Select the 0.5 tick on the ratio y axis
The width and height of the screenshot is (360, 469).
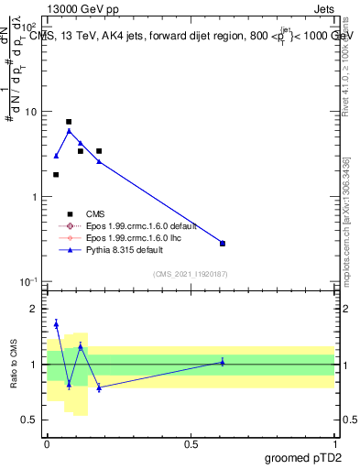point(34,420)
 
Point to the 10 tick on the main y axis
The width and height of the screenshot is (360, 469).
point(32,112)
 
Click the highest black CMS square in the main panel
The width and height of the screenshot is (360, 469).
point(69,122)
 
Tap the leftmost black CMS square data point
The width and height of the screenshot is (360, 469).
point(56,174)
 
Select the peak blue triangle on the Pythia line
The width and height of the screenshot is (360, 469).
point(69,131)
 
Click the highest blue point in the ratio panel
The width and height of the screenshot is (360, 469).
point(56,323)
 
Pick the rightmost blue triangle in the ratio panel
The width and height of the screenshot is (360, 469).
point(223,362)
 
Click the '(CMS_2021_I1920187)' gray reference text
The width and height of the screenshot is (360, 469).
point(191,273)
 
